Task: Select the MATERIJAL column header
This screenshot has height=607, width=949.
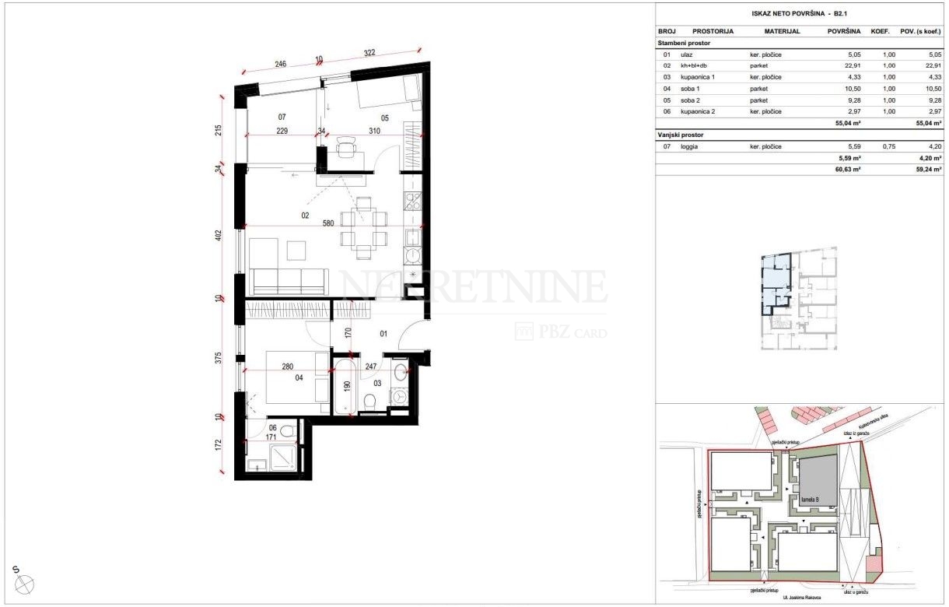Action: point(782,32)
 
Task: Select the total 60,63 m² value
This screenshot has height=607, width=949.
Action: point(849,169)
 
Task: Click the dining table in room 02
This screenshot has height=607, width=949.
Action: point(363,226)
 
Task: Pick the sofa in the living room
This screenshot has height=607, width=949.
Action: point(289,281)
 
